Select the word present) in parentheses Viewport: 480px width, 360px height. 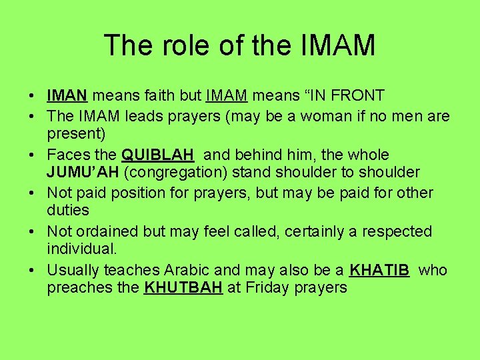click(x=76, y=134)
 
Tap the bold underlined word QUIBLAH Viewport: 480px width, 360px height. click(x=158, y=155)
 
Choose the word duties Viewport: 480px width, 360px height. click(x=67, y=211)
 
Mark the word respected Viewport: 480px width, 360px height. click(x=399, y=232)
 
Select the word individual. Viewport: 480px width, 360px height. click(x=82, y=249)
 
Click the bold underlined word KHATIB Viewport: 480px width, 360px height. click(x=379, y=271)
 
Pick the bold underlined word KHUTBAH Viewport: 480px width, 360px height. click(x=183, y=288)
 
